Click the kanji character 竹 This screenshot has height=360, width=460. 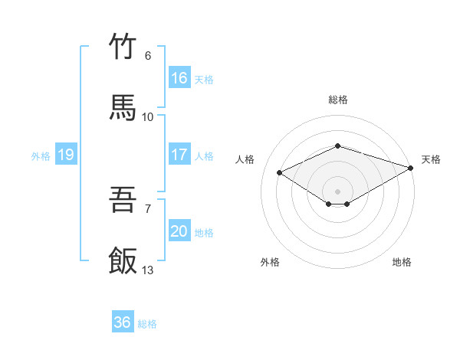[x=123, y=47]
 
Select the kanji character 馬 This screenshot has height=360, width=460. [x=123, y=108]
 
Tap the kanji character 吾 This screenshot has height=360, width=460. [x=123, y=201]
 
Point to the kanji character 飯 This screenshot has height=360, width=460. [x=123, y=260]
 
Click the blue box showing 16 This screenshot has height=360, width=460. [x=179, y=78]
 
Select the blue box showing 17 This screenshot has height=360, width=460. [x=179, y=155]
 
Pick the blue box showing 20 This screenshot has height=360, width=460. [x=179, y=231]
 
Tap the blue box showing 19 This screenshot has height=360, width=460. [x=66, y=155]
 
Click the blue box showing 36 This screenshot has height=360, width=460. [x=123, y=322]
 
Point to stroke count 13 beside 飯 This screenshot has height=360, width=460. [x=148, y=270]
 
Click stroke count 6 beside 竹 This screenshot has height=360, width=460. [x=148, y=56]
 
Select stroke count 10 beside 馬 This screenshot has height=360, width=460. [x=148, y=116]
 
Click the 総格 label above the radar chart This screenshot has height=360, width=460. [x=338, y=100]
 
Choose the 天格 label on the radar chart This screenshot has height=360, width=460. [x=431, y=159]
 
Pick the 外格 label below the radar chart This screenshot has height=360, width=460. [x=270, y=262]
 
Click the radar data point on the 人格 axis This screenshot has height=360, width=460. [x=280, y=173]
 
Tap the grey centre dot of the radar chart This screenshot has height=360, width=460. [x=337, y=191]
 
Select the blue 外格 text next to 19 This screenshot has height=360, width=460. [x=41, y=155]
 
